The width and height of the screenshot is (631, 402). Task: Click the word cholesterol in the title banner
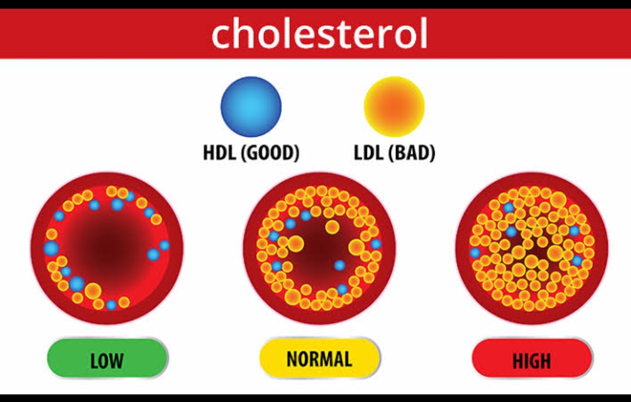319,34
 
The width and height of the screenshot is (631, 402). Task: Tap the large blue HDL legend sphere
251,107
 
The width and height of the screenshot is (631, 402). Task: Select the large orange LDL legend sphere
394,107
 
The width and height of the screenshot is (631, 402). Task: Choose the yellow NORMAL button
320,358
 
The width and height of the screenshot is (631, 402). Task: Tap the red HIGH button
532,359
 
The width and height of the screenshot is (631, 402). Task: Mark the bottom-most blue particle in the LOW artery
111,304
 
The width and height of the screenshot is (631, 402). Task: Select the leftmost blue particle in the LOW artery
51,248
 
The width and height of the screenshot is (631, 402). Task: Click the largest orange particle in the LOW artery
93,291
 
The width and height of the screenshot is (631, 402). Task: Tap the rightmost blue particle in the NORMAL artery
376,244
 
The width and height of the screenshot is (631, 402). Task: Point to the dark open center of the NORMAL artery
318,249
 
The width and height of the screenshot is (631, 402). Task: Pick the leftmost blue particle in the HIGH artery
475,252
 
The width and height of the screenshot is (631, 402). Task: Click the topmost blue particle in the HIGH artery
509,207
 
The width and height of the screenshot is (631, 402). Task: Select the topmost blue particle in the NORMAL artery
306,216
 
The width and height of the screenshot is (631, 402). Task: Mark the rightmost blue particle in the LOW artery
164,245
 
